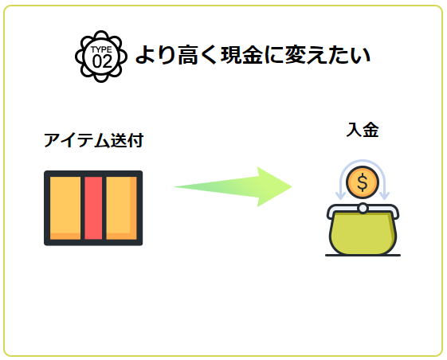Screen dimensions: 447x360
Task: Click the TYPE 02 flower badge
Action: [x=101, y=57]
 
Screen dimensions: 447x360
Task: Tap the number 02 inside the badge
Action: [x=101, y=61]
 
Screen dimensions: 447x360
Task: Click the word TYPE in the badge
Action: [x=101, y=49]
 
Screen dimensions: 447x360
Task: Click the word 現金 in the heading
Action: [x=241, y=54]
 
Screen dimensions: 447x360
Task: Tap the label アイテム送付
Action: [x=93, y=140]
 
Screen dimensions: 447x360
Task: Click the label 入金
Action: [x=362, y=130]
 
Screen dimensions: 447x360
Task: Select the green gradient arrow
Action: [x=233, y=186]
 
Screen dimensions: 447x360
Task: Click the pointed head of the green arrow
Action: [x=291, y=186]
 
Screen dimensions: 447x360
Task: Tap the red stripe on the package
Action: [x=93, y=208]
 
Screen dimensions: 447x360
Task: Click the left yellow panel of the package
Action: [x=65, y=208]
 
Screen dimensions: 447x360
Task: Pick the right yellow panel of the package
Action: [x=121, y=208]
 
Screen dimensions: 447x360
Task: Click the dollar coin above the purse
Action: [x=363, y=182]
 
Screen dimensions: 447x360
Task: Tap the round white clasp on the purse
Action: [x=363, y=208]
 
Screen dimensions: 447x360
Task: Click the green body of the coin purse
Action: [x=363, y=233]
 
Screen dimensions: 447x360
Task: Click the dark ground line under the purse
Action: [x=363, y=256]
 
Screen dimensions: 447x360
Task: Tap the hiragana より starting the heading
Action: [x=155, y=54]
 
